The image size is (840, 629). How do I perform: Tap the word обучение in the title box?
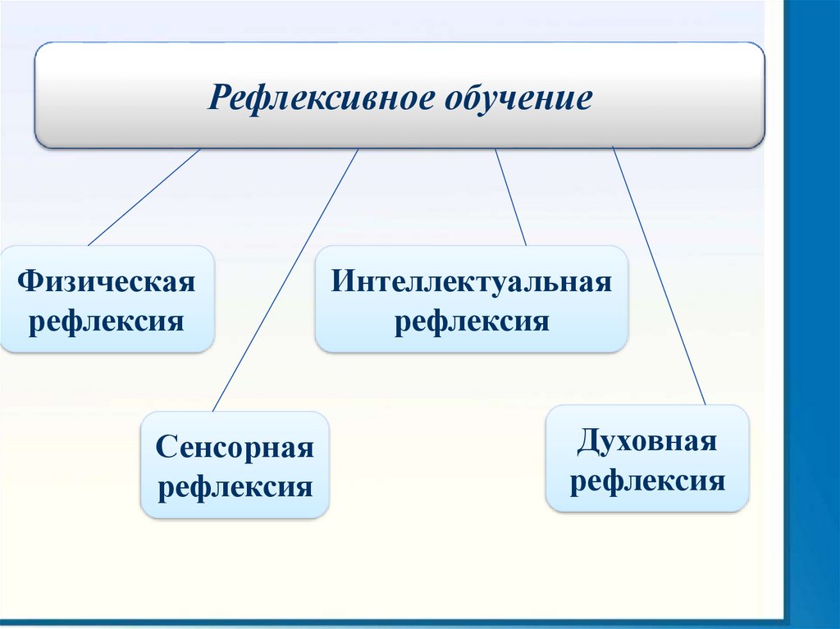click(x=518, y=98)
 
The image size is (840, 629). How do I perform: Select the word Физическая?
click(x=107, y=284)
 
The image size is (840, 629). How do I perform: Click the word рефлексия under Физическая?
click(x=107, y=320)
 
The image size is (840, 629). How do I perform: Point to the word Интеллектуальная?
click(x=472, y=283)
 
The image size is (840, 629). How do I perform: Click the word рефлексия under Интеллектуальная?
click(x=472, y=320)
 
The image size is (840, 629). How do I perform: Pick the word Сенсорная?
click(x=235, y=449)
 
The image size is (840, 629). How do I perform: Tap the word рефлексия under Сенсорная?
click(x=235, y=486)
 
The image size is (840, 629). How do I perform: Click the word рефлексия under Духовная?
click(x=647, y=479)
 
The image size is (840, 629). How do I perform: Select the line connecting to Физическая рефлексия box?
click(x=144, y=197)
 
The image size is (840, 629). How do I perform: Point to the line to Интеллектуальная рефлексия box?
click(x=510, y=197)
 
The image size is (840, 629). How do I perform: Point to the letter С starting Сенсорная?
click(x=165, y=449)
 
